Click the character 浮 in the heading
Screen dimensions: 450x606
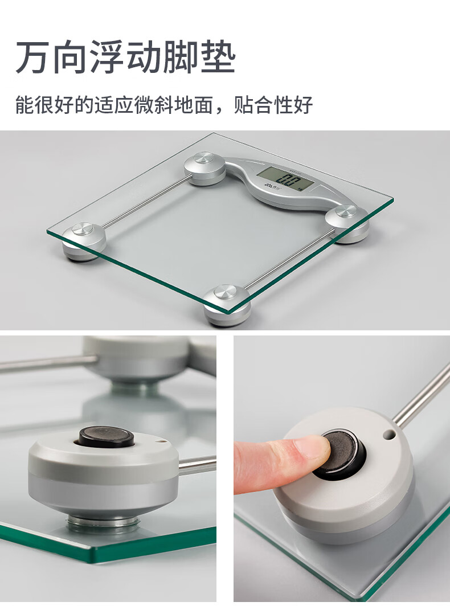click(x=107, y=57)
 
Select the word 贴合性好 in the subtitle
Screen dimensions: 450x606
click(x=273, y=105)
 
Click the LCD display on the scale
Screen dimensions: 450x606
click(x=285, y=179)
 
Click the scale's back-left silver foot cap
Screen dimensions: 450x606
click(x=203, y=158)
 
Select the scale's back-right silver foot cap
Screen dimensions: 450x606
click(x=346, y=211)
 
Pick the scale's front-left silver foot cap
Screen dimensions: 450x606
click(x=83, y=228)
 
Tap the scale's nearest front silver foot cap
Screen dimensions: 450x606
click(x=226, y=292)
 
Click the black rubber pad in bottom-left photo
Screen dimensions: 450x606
click(x=107, y=437)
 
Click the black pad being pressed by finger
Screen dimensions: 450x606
click(x=340, y=453)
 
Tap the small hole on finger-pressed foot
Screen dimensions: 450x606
click(x=389, y=435)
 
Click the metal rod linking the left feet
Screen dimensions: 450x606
click(x=148, y=200)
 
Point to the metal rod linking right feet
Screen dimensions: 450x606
click(x=291, y=259)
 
